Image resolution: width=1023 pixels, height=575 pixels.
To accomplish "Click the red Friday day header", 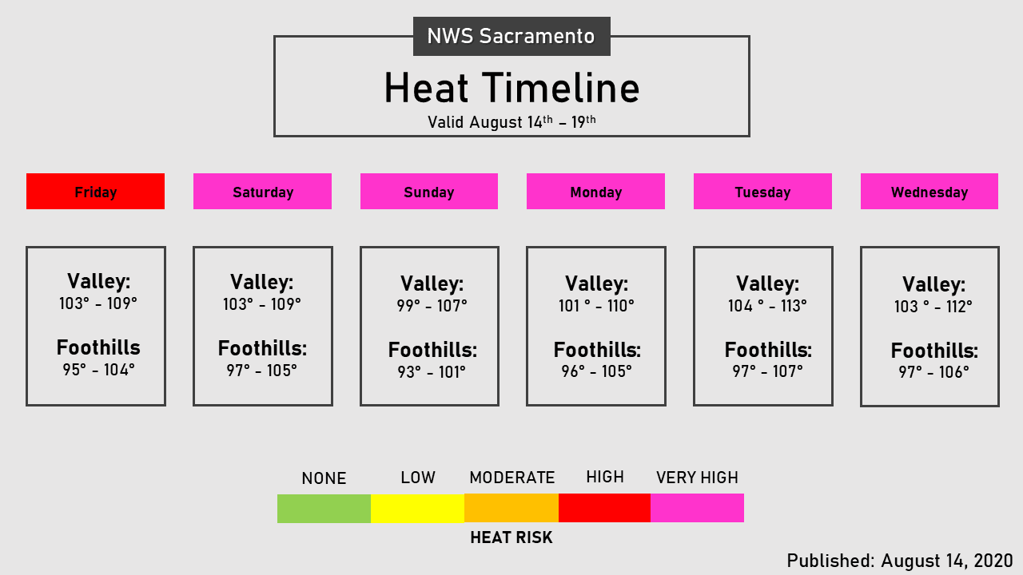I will point(95,192).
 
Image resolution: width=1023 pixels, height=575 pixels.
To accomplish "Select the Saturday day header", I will point(262,192).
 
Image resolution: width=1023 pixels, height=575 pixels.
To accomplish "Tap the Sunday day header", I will point(429,192).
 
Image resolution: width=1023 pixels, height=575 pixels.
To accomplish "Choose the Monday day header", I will point(595,192).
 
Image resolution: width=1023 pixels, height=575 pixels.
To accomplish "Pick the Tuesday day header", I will point(762,192).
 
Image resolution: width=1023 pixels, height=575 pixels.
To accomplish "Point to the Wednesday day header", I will point(929,192).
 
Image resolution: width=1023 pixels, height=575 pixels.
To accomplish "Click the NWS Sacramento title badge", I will point(511,37).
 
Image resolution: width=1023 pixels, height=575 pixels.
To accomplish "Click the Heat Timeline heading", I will point(511,88).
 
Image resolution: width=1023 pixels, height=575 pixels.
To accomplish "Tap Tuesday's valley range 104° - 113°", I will point(767,306).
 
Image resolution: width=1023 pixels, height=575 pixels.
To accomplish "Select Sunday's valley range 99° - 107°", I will point(432,306).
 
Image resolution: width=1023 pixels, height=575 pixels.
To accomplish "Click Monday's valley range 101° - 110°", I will point(596,306).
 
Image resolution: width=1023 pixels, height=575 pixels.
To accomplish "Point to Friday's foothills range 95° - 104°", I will point(99,370).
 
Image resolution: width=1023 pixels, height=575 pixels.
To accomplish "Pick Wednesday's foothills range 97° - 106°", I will point(933,372).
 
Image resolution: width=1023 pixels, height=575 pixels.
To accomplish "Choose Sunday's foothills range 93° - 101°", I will point(432,371).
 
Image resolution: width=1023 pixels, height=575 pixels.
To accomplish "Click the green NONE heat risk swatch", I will point(324,509).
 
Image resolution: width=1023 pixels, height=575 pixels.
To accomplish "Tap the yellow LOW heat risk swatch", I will point(417,509).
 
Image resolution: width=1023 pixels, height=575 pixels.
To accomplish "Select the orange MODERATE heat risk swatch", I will point(511,509).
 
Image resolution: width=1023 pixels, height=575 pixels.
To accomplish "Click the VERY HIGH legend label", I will point(697,478).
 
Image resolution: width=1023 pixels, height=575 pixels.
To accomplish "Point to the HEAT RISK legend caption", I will point(511,537).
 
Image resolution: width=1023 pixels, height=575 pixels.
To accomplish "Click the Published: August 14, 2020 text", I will point(900,561).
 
